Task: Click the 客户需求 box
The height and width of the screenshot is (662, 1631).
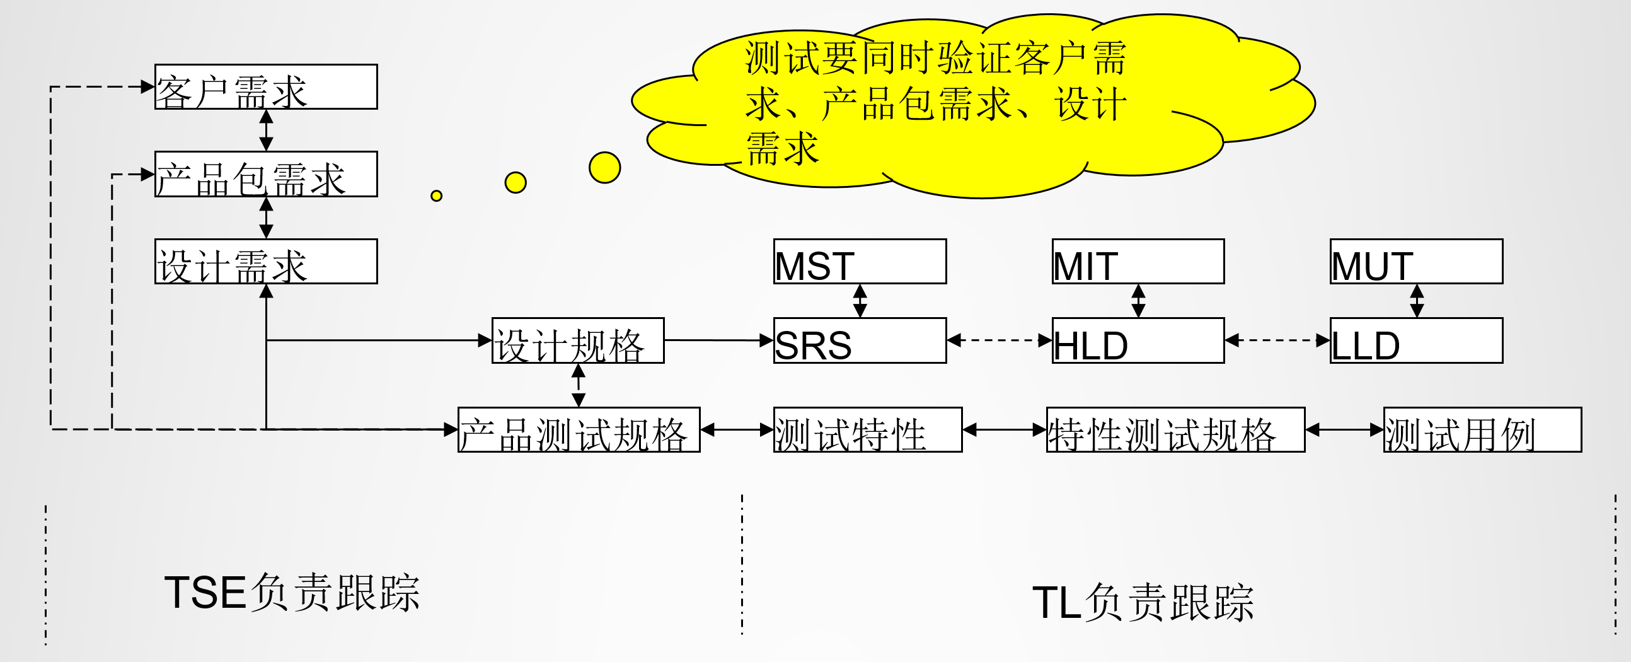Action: [266, 87]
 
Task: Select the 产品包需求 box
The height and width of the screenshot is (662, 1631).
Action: [266, 174]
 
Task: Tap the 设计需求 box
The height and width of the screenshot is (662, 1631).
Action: [266, 261]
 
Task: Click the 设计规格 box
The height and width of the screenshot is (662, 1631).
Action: [578, 341]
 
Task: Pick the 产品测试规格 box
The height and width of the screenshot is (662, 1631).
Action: [579, 429]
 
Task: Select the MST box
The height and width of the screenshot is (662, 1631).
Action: [860, 261]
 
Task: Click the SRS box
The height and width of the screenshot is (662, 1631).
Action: [860, 341]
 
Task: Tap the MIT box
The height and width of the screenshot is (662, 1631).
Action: [1138, 261]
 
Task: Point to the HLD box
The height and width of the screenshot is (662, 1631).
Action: [1138, 341]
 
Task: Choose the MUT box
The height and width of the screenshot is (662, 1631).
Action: [1416, 261]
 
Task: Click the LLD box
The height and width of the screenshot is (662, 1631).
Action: [1416, 341]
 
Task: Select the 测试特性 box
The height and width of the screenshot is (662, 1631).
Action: [867, 429]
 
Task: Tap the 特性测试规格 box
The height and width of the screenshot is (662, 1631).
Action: [1175, 429]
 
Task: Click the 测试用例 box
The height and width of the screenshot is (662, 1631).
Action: [1482, 429]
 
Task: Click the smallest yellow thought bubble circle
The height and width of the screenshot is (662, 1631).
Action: [436, 195]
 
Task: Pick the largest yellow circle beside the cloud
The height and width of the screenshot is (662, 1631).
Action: [604, 168]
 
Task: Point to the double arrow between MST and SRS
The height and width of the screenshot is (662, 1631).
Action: [860, 301]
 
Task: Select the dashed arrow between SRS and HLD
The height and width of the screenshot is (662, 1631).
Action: [999, 341]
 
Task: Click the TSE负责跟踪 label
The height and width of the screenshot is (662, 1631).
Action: [292, 593]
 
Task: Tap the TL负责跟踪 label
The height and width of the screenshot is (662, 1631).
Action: [1143, 603]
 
